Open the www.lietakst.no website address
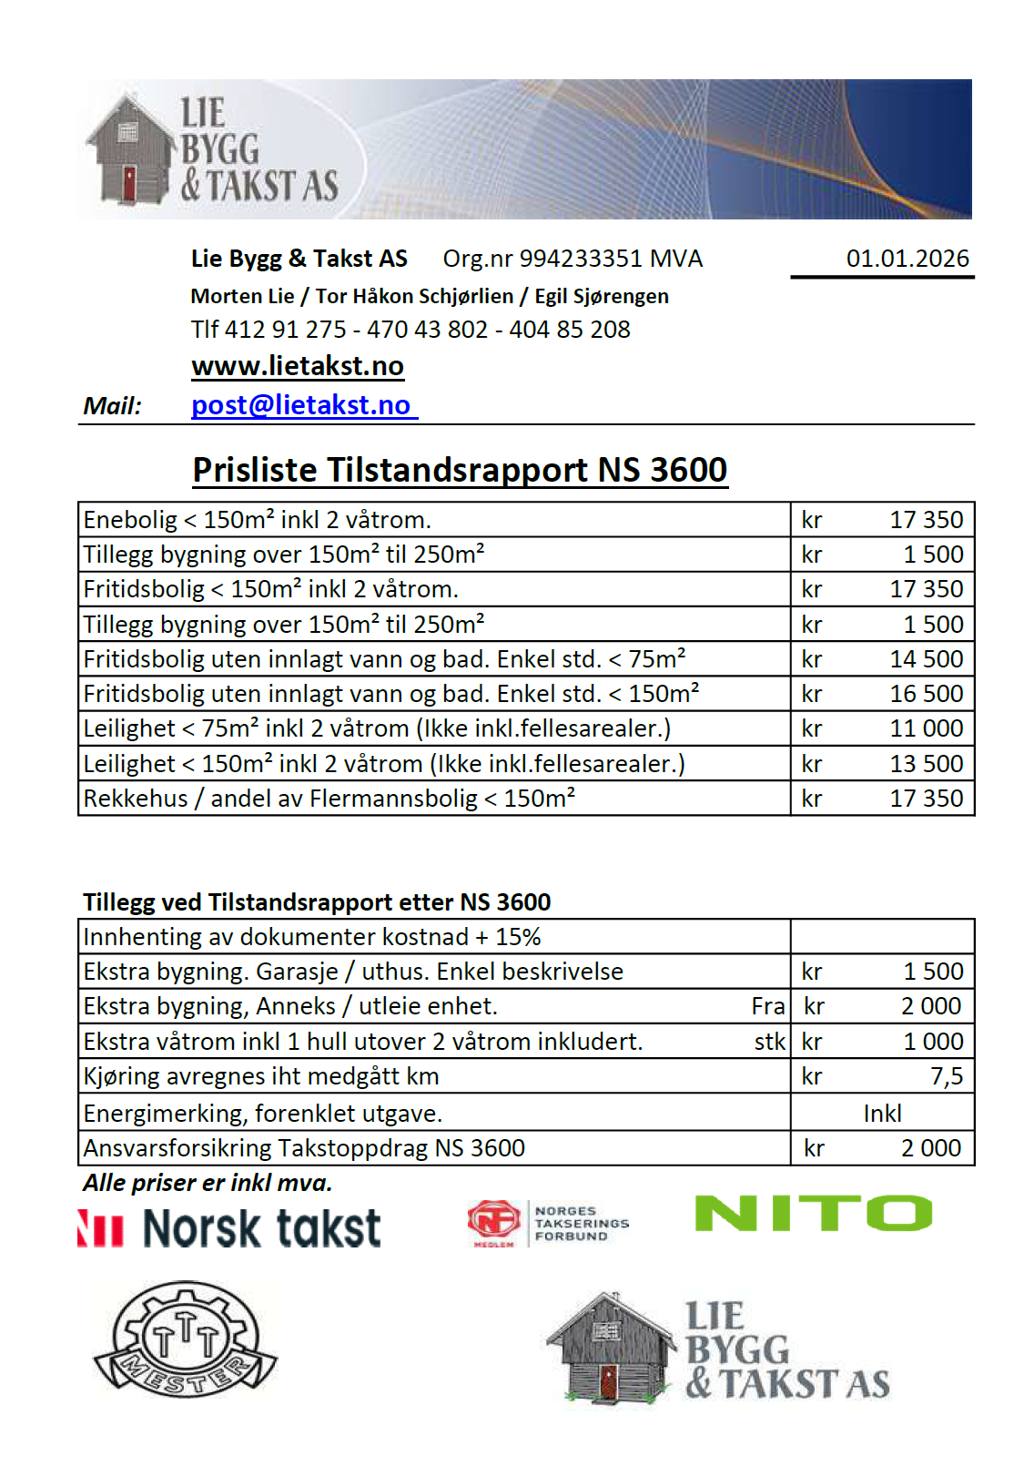pos(298,366)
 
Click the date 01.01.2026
pos(907,259)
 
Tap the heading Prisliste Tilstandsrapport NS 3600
pos(460,470)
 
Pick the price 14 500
pos(926,659)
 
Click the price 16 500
pos(926,694)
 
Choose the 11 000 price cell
pos(926,728)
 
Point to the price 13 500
pos(926,764)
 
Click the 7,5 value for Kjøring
pos(947,1076)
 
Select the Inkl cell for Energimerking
pos(882,1113)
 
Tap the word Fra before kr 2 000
pos(768,1006)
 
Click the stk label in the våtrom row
pos(770,1042)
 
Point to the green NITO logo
pos(813,1214)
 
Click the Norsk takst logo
pos(229,1228)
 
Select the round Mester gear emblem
pos(186,1338)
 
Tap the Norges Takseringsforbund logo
pos(548,1224)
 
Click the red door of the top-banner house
pos(129,183)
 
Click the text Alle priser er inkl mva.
pos(208,1183)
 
